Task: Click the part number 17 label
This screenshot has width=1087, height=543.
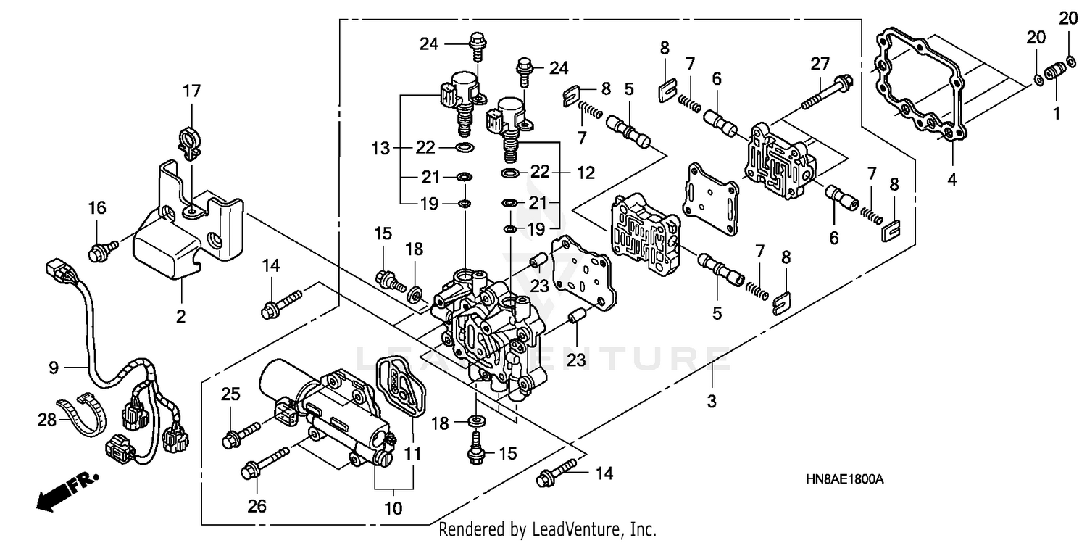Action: (191, 91)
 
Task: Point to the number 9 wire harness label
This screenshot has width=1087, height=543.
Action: (54, 368)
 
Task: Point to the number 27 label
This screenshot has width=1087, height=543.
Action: (820, 64)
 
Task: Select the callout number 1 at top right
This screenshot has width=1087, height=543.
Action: (1056, 113)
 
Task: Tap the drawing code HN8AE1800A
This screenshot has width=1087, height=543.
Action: (844, 480)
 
